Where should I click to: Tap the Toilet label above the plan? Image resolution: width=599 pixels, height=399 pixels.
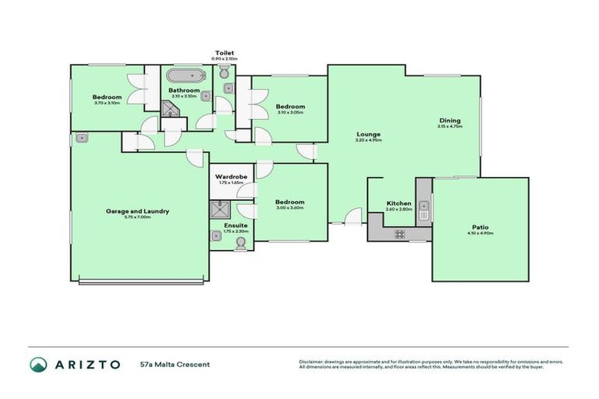(225, 53)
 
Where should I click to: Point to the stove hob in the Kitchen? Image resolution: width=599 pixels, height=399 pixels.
(399, 233)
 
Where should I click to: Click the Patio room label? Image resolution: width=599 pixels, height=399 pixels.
(480, 227)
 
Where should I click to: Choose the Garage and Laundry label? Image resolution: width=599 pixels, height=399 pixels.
(137, 211)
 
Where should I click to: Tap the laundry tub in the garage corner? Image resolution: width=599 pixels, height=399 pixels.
(81, 139)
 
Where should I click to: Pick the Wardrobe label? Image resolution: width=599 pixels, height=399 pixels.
(231, 177)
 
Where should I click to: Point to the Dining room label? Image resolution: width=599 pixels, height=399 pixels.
(449, 121)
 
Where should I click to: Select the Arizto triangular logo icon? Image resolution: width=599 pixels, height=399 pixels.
(38, 364)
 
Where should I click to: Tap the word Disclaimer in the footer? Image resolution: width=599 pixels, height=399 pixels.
(313, 362)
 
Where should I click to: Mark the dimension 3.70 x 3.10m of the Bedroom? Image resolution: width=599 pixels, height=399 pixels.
(107, 103)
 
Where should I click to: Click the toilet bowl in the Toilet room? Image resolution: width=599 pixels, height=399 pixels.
(225, 72)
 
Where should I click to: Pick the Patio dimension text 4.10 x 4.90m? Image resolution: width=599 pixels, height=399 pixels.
(480, 233)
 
